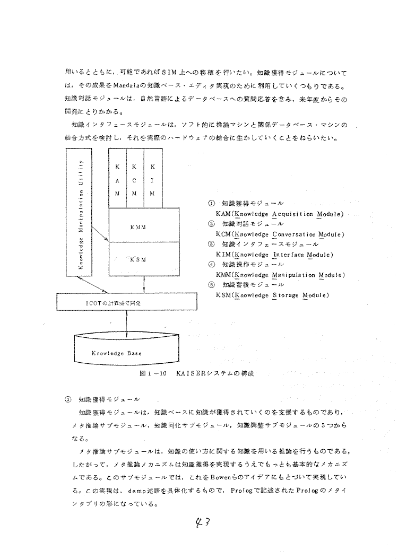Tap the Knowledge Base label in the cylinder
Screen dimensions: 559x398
(117, 353)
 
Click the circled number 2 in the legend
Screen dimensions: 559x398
(211, 224)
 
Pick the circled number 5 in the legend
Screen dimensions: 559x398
(211, 285)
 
